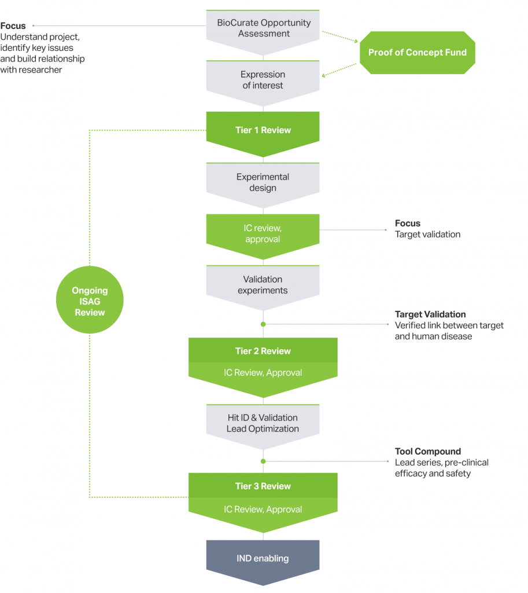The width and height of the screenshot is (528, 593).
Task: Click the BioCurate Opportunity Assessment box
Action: pos(263,28)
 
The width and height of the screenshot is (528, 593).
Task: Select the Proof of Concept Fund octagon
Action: pos(417,53)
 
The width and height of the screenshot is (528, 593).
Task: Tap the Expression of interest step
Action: pos(263,80)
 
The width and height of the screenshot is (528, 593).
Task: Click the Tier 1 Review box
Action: pos(263,130)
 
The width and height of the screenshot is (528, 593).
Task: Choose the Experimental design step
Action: pos(263,182)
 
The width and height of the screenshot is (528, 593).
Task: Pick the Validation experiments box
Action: pos(263,285)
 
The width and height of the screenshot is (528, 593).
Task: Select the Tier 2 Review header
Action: pos(263,351)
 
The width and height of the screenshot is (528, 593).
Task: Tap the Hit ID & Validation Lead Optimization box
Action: pos(263,423)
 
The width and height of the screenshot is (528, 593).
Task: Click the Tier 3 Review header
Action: pos(263,486)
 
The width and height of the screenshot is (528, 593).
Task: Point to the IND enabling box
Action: pos(263,559)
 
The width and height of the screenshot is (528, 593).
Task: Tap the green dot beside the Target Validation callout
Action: pos(263,324)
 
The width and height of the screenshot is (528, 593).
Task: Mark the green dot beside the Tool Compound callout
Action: pos(263,462)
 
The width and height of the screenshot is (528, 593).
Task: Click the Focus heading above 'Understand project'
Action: pos(13,26)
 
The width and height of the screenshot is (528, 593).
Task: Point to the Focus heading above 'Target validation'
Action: pos(408,224)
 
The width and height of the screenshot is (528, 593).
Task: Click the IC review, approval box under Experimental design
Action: pos(263,233)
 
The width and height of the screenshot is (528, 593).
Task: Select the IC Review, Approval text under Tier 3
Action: pos(263,510)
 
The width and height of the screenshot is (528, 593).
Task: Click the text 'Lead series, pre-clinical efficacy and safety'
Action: pos(441,468)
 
